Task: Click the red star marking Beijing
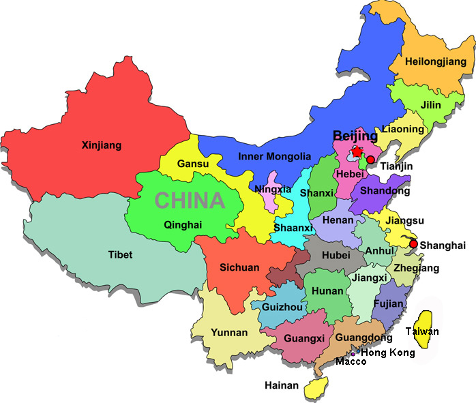point(355,153)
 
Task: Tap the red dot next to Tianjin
point(370,160)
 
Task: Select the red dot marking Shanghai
point(413,243)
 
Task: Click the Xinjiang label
point(101,145)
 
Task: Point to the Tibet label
point(121,255)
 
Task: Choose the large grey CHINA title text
point(190,200)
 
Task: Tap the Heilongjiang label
point(435,62)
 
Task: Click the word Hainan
point(282,386)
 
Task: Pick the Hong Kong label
point(387,353)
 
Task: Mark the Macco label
point(351,361)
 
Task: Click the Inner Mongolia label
point(274,156)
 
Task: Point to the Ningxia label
point(273,189)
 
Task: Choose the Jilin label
point(430,105)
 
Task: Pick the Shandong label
point(385,190)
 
